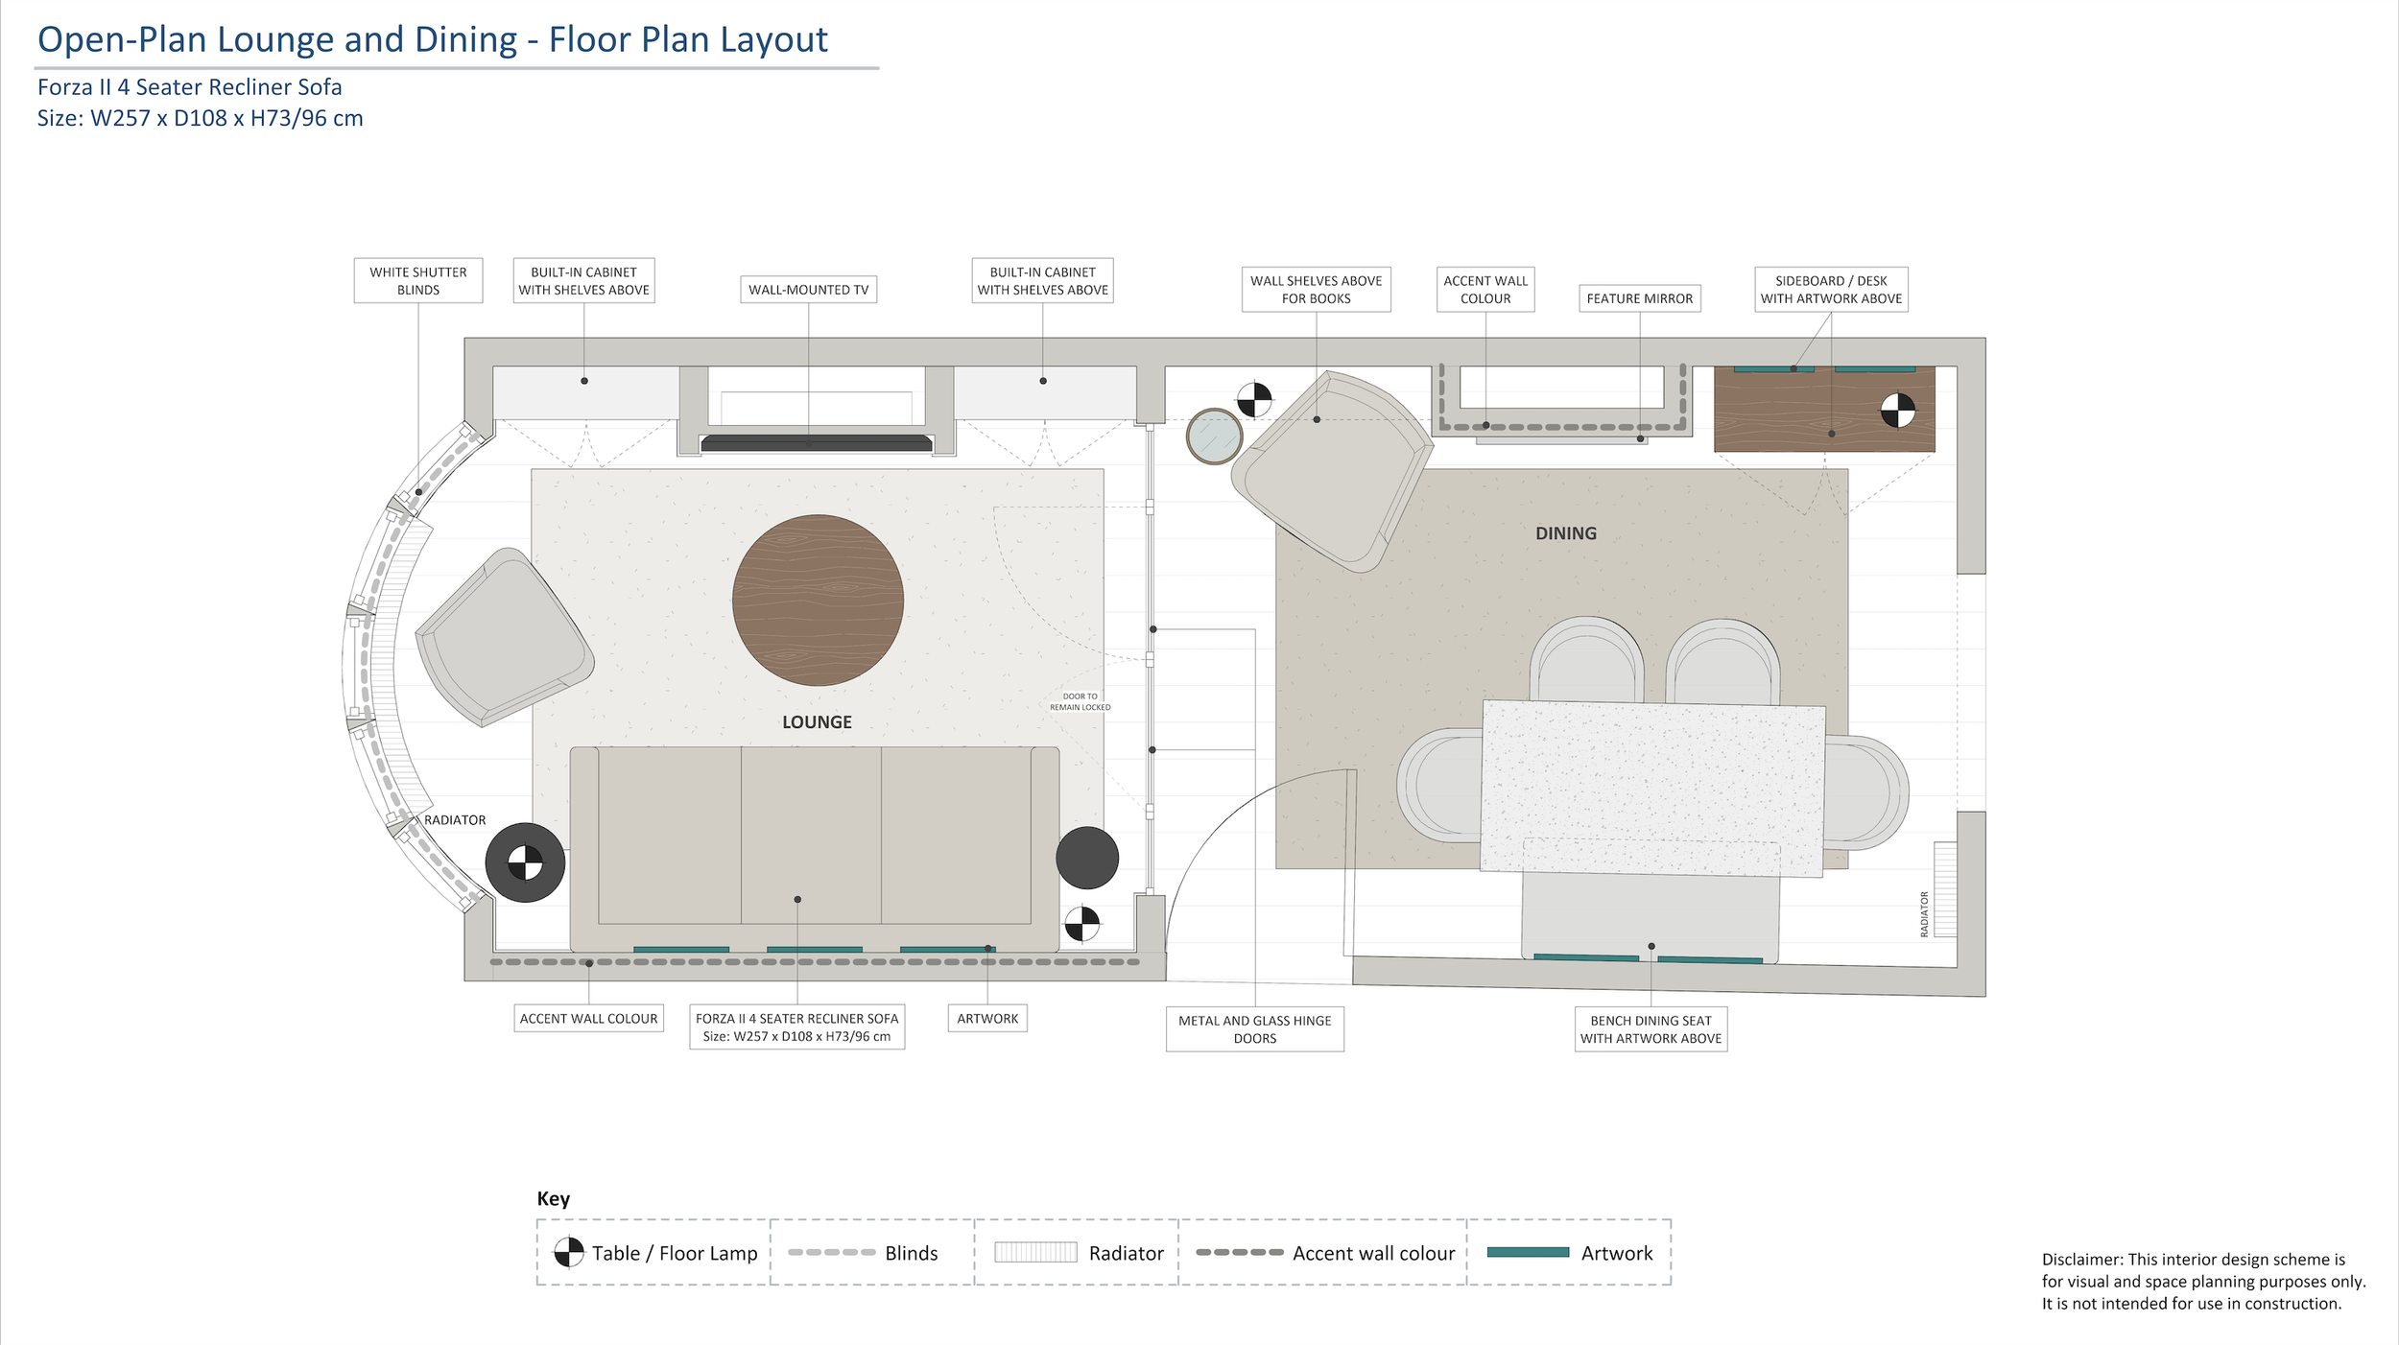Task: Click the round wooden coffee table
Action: click(818, 601)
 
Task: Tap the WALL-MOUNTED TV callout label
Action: click(809, 290)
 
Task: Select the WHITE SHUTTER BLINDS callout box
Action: click(418, 280)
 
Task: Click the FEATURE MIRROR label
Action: click(1640, 298)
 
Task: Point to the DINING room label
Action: click(1566, 533)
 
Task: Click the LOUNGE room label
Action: click(817, 722)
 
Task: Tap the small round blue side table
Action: click(1215, 437)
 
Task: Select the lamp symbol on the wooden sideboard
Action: click(1897, 411)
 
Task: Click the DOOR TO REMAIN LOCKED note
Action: click(1081, 702)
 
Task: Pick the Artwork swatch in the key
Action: click(1528, 1252)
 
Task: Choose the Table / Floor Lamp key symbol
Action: click(569, 1252)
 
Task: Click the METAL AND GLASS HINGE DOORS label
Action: click(1255, 1029)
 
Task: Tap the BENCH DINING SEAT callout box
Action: click(1651, 1029)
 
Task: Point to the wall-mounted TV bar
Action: click(817, 443)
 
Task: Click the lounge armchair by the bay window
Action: click(505, 637)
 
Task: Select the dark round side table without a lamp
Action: click(1087, 858)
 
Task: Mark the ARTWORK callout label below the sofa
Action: click(987, 1019)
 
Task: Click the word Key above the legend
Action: click(554, 1198)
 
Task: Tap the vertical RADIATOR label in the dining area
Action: click(1924, 914)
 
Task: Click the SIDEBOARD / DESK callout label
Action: click(1831, 290)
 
